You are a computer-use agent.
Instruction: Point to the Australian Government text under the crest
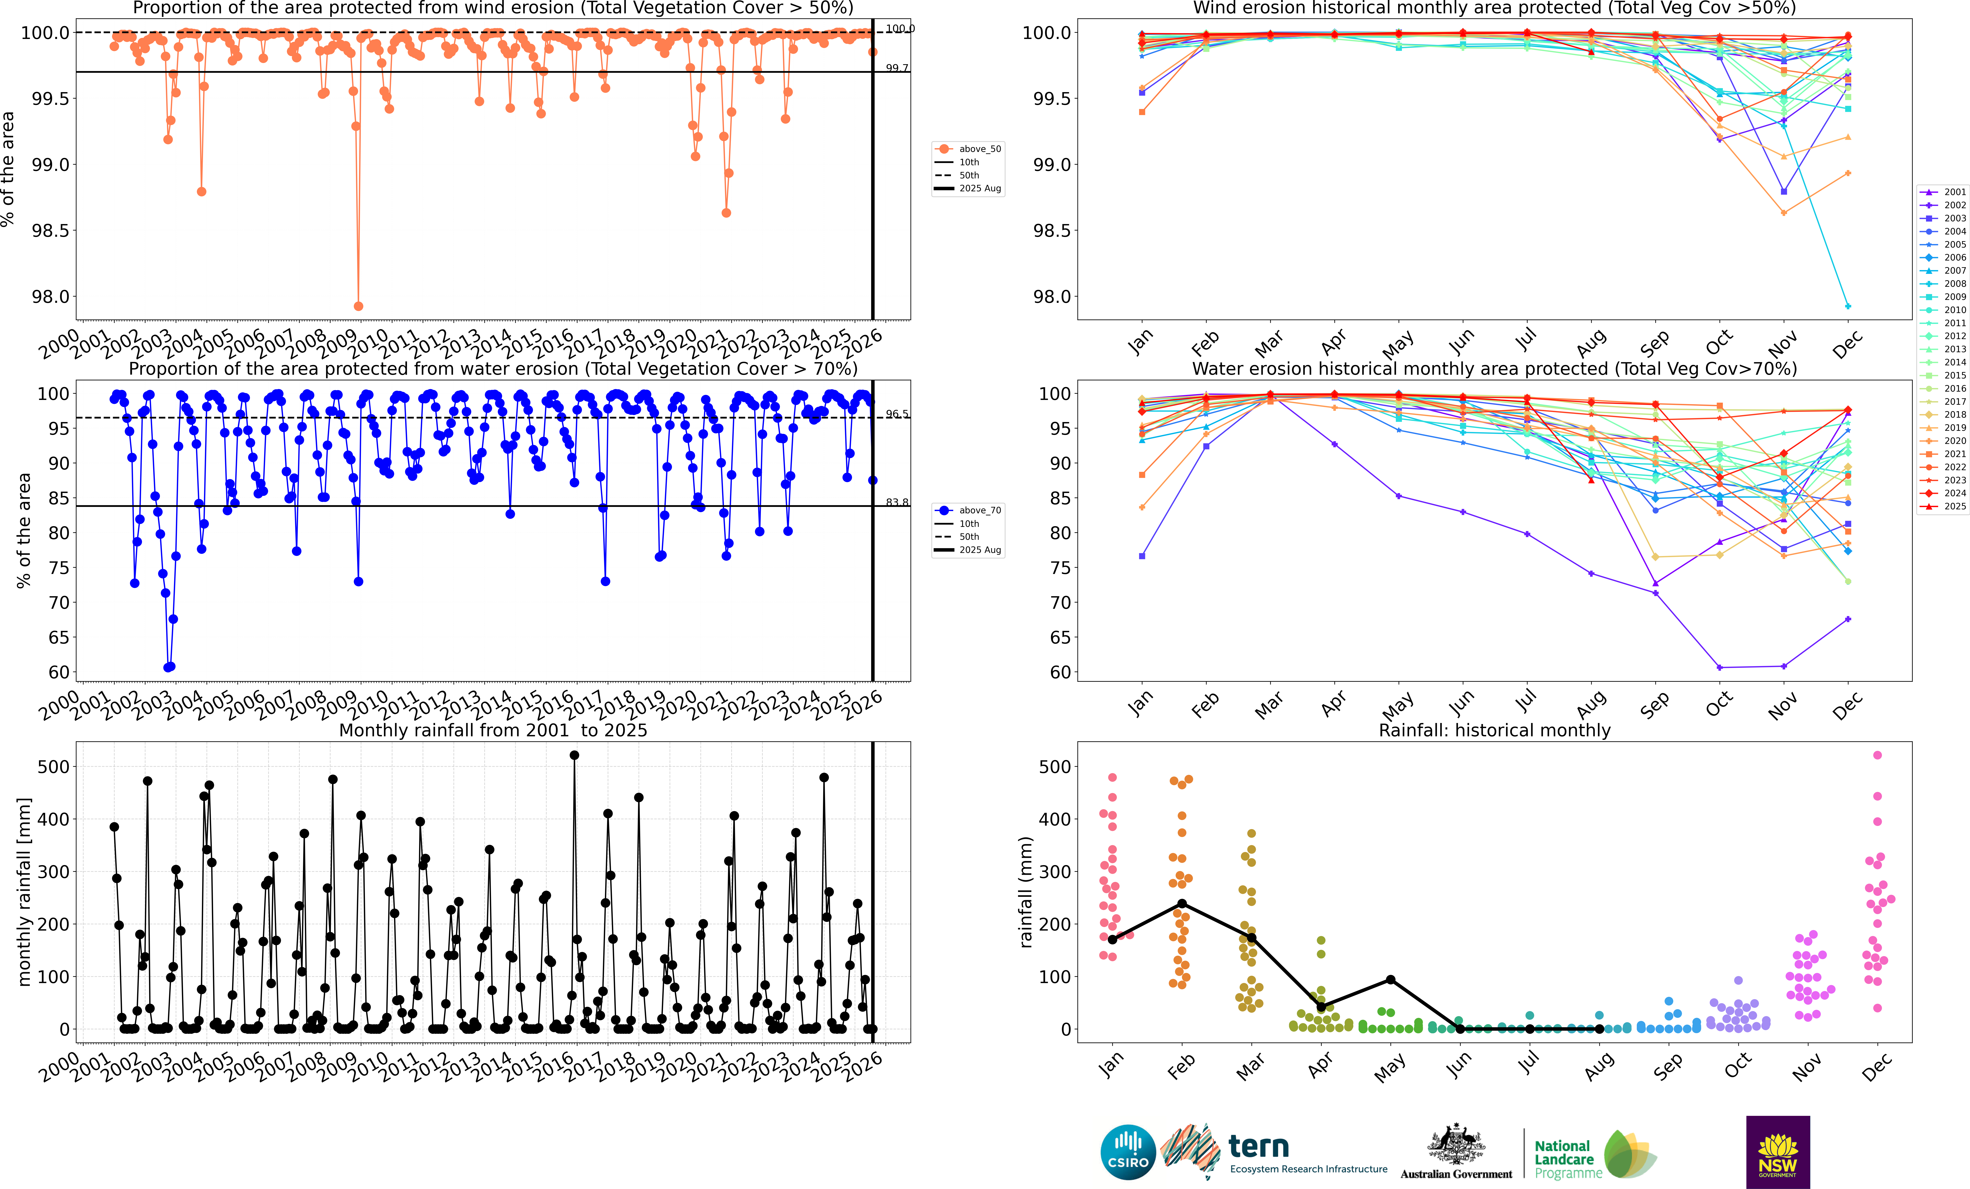pos(1456,1174)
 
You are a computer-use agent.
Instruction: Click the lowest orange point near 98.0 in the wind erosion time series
pos(358,306)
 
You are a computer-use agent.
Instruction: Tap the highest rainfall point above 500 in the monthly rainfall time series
pos(574,755)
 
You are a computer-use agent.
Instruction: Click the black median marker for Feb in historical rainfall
pos(1182,903)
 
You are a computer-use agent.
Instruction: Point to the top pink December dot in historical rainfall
pos(1877,755)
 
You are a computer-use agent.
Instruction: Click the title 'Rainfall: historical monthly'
pos(1494,730)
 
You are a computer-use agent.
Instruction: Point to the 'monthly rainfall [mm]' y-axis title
pos(24,892)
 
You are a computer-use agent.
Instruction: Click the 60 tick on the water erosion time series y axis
pos(58,673)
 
